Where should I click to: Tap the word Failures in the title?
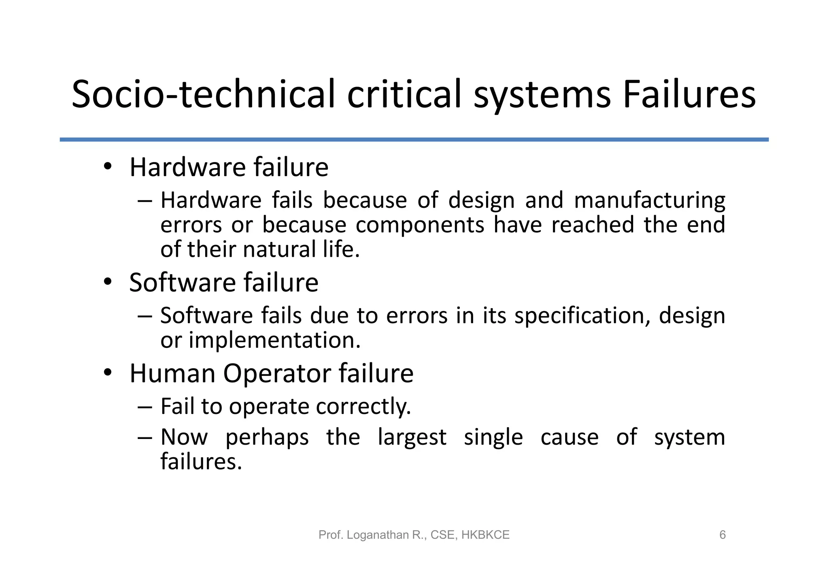pos(689,94)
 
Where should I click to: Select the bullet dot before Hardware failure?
pos(107,167)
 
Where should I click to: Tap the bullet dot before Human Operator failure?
pos(107,373)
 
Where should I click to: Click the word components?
pos(420,225)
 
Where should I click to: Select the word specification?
pos(582,316)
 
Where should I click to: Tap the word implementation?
pos(274,341)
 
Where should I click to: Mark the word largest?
pos(412,437)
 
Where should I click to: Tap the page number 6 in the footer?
pos(723,535)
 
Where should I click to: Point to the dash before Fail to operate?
pos(145,406)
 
